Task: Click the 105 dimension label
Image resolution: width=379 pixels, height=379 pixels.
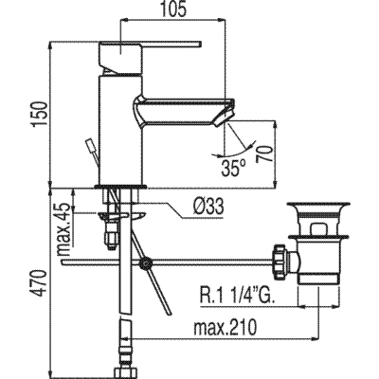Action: click(x=173, y=9)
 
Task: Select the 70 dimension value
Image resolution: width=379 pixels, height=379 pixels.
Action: click(x=263, y=153)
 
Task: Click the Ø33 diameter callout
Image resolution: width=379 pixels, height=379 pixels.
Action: click(x=208, y=208)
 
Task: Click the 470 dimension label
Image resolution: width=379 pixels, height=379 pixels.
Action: click(x=40, y=282)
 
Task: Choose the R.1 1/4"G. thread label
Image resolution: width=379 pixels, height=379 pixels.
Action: click(x=237, y=296)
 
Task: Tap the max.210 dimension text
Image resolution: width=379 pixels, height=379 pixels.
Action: click(x=225, y=328)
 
